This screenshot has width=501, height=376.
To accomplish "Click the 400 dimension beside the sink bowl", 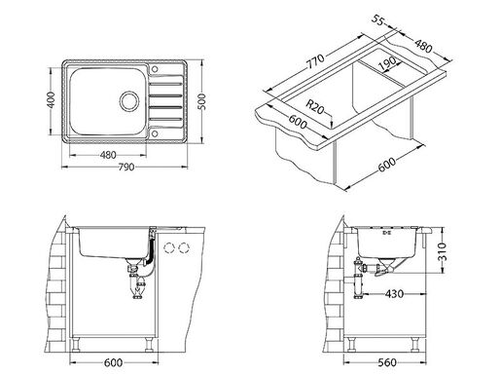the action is (52, 100).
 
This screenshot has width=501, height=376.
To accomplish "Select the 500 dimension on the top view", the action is (201, 101).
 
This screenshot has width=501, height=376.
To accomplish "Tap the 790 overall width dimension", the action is (126, 167).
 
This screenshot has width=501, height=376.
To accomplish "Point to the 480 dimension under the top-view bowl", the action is (108, 155).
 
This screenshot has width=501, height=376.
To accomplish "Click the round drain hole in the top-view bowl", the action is (129, 101).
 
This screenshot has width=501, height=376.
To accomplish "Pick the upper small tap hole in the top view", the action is (155, 69).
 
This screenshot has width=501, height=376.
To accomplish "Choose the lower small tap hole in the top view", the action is (155, 133).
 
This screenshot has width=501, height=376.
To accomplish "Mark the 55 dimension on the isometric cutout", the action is (377, 20).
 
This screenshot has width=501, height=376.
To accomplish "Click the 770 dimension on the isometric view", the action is (315, 60).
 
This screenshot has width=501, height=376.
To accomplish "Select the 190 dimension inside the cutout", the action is (387, 63).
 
